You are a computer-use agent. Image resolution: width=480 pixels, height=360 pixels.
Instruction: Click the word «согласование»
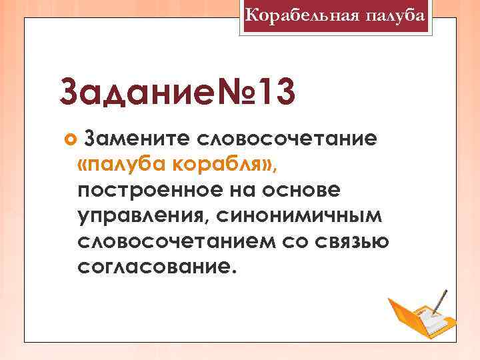156,267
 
